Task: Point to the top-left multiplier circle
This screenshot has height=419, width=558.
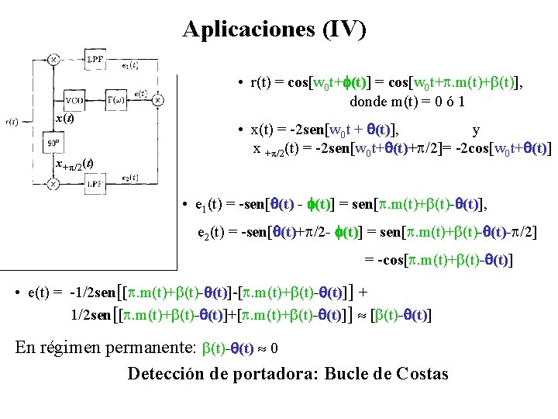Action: (53, 59)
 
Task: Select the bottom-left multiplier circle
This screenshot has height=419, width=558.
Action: (53, 184)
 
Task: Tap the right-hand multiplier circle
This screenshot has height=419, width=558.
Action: (157, 100)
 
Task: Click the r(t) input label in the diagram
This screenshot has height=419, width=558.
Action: (12, 122)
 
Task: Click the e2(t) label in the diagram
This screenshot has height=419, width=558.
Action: (130, 178)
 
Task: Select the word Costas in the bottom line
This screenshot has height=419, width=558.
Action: (422, 374)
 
